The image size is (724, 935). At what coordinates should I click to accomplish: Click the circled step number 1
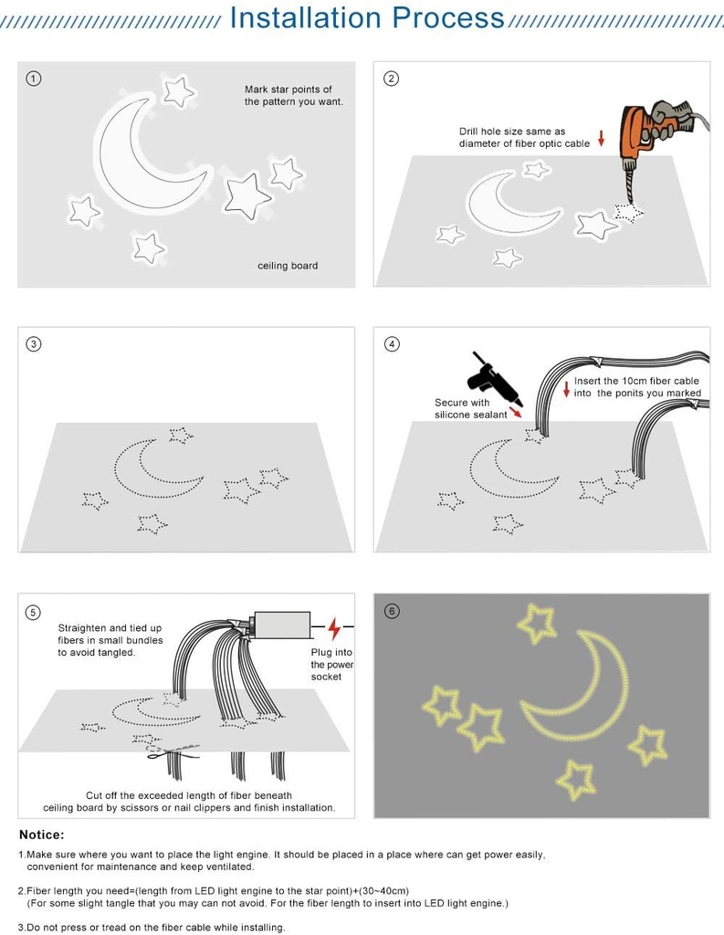tap(34, 79)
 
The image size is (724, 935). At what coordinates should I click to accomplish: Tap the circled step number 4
tap(393, 344)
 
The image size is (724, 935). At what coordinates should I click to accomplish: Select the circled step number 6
tap(393, 611)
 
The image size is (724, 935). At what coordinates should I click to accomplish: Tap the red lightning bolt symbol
tap(334, 628)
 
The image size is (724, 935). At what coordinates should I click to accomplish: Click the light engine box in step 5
tap(281, 625)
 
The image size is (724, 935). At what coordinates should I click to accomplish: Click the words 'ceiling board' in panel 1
tap(288, 266)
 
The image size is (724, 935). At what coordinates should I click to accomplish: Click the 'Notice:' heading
tap(42, 835)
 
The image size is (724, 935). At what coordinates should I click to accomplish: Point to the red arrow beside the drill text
tap(602, 139)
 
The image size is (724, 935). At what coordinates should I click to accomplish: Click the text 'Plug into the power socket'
tap(332, 665)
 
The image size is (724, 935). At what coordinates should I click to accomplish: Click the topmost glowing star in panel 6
tap(537, 623)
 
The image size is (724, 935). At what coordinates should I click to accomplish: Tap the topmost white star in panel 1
tap(179, 90)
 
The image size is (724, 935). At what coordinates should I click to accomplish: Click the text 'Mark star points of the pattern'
tap(293, 96)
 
